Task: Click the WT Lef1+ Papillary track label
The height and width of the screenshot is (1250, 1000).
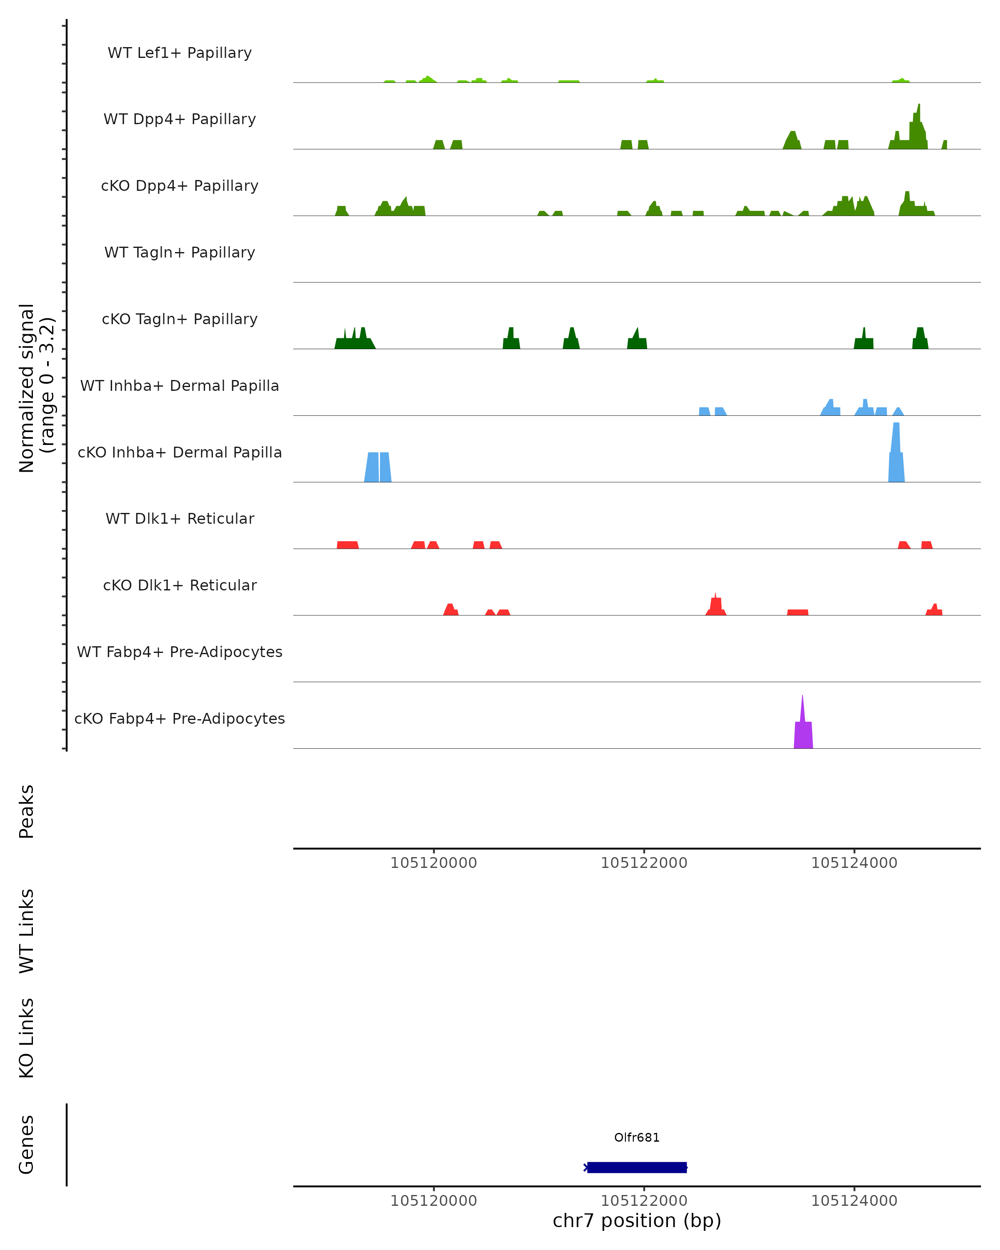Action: (x=180, y=53)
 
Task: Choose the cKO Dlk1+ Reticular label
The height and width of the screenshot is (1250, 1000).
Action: (x=180, y=585)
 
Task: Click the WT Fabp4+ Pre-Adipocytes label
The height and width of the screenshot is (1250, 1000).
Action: (x=180, y=652)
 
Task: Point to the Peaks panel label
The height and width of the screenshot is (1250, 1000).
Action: (x=27, y=811)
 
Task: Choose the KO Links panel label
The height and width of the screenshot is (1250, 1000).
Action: (x=27, y=1038)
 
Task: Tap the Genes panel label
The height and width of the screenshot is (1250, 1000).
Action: (x=27, y=1145)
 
